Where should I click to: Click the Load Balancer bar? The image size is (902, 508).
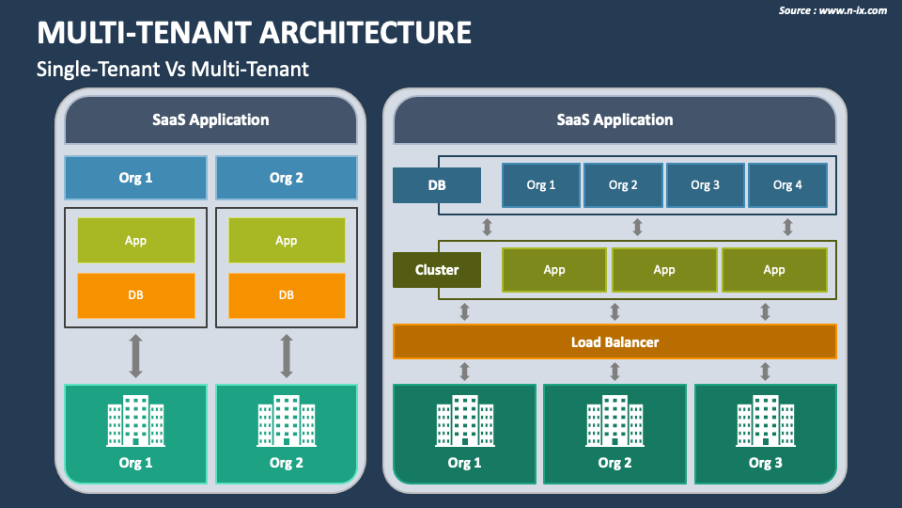[x=614, y=341]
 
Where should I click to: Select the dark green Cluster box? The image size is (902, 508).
[x=437, y=270]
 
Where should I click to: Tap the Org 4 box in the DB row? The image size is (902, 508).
[x=787, y=185]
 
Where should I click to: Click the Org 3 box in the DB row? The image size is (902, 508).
[x=706, y=185]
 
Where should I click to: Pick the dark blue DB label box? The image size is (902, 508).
[x=437, y=185]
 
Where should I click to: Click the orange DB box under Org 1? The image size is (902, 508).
[x=135, y=295]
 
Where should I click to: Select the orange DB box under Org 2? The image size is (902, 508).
[x=287, y=295]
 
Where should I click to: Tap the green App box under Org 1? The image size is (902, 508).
[x=135, y=240]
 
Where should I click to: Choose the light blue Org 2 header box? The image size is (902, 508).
[x=287, y=178]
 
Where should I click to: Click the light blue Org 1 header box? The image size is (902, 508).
[x=135, y=178]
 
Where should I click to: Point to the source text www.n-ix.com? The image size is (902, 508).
[x=852, y=10]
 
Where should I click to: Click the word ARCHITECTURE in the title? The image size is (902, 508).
[x=365, y=32]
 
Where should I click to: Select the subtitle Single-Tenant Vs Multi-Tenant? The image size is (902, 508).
[x=173, y=69]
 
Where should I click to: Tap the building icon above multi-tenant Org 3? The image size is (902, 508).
[x=766, y=421]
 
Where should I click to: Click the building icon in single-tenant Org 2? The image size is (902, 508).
[x=287, y=421]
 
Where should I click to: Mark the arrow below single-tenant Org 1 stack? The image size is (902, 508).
[x=135, y=356]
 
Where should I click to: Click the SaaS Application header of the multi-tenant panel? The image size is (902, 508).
[x=614, y=119]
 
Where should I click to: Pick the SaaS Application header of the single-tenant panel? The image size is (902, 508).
[x=210, y=119]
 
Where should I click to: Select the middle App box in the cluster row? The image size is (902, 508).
[x=664, y=270]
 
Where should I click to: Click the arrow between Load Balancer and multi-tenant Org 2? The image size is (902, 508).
[x=614, y=372]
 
